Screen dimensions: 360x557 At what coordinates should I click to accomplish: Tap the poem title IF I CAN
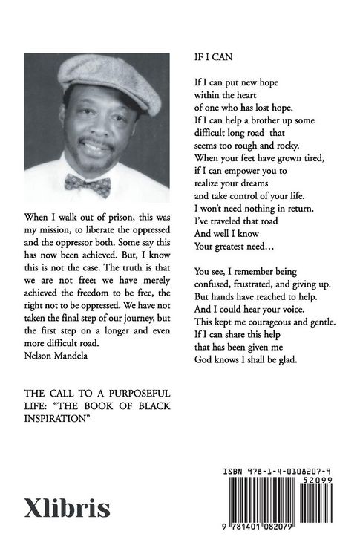pos(212,56)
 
